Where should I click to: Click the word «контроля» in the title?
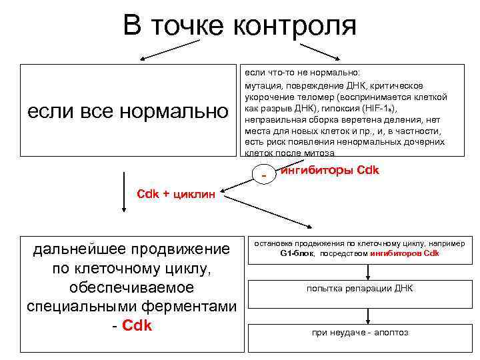tap(294, 27)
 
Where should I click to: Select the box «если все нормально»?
tap(127, 110)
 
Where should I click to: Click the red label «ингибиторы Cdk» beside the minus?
tap(331, 170)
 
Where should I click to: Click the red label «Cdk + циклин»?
tap(176, 194)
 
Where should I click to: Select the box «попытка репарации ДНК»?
tap(360, 289)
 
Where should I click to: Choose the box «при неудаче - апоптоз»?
tap(360, 333)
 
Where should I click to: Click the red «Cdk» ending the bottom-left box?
tap(138, 325)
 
